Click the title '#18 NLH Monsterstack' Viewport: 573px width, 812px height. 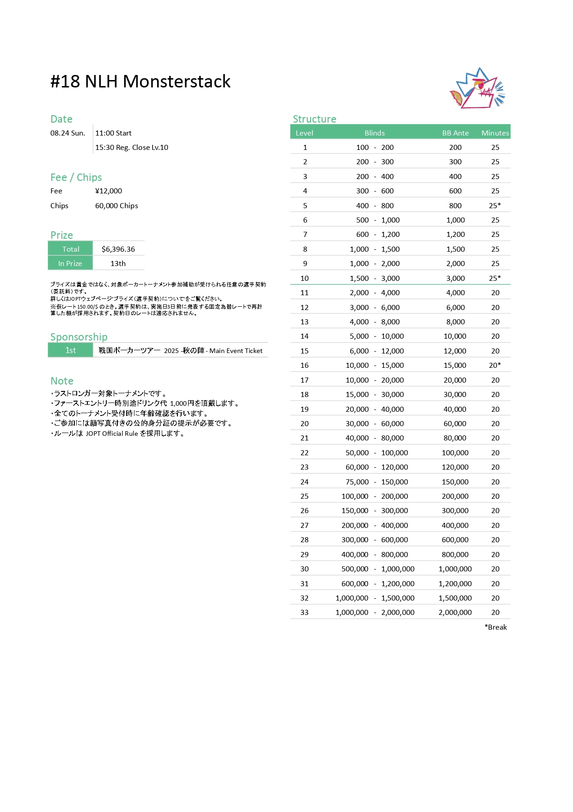[x=140, y=81]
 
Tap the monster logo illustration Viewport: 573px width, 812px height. [x=477, y=89]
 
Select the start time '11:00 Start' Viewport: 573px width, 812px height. [x=113, y=133]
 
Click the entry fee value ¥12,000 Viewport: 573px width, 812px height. [x=109, y=191]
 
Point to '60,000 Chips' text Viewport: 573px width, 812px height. [x=116, y=206]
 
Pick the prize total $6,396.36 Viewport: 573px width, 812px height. [x=118, y=249]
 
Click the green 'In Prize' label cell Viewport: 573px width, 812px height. [x=70, y=264]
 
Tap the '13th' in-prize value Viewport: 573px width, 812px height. [x=118, y=264]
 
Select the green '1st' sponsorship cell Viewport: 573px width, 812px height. [x=70, y=351]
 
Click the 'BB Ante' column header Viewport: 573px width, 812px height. [x=455, y=133]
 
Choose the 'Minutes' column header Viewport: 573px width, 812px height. [x=495, y=133]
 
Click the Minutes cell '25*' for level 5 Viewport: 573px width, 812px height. [x=495, y=206]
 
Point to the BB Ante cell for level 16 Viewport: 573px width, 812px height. [x=455, y=366]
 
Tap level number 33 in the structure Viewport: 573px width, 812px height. [x=305, y=613]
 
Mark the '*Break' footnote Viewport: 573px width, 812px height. [x=495, y=627]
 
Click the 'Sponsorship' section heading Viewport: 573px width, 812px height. [x=79, y=337]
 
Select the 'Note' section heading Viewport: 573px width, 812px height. [x=62, y=381]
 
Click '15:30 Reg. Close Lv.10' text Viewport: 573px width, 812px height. [x=132, y=148]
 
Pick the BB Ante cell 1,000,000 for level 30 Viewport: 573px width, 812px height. [x=455, y=569]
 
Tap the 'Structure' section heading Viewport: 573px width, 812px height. [x=314, y=119]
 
